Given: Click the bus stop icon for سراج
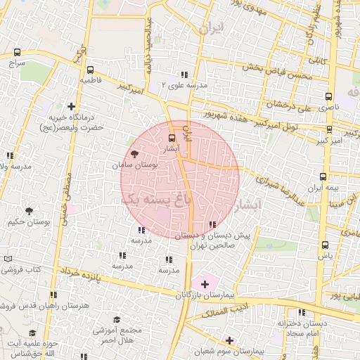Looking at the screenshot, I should pyautogui.click(x=17, y=52).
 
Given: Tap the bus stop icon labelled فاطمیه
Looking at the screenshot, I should pyautogui.click(x=90, y=70).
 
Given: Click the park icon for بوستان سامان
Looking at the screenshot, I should pyautogui.click(x=134, y=153).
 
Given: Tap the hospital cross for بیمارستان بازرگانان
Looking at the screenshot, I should pyautogui.click(x=205, y=284).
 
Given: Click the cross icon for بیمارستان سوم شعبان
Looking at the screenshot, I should pyautogui.click(x=229, y=340).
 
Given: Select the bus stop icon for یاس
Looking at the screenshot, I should pyautogui.click(x=324, y=245).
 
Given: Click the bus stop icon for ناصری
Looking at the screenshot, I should pyautogui.click(x=328, y=97).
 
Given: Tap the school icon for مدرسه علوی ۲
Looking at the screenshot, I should pyautogui.click(x=184, y=74).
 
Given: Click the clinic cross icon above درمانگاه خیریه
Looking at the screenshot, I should pyautogui.click(x=71, y=106).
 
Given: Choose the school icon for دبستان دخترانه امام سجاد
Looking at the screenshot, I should pyautogui.click(x=302, y=312).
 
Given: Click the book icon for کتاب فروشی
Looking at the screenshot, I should pyautogui.click(x=8, y=259).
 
